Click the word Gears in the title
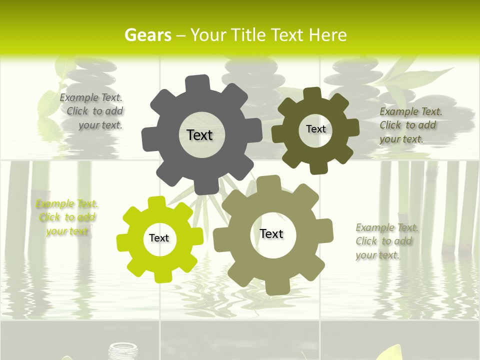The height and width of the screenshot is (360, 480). [x=147, y=35]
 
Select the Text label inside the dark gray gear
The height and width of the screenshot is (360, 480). [x=199, y=135]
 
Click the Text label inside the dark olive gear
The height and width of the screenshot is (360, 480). [x=315, y=129]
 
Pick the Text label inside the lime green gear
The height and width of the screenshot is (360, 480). [x=159, y=238]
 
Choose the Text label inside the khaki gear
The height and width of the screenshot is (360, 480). [x=271, y=234]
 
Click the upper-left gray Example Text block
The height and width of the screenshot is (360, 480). [x=92, y=111]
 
